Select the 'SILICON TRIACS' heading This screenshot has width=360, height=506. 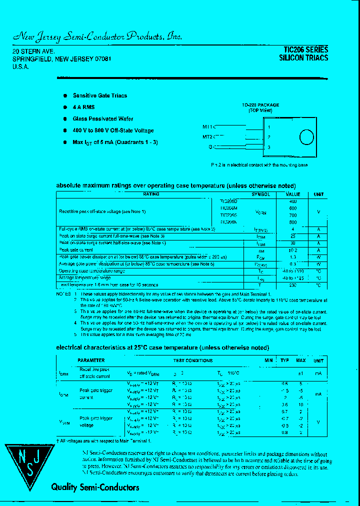click(x=303, y=58)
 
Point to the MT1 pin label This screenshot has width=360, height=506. click(x=208, y=127)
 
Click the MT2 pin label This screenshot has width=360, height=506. click(x=208, y=136)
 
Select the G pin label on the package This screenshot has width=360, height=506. click(x=210, y=146)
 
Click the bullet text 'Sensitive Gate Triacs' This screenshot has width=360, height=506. click(x=100, y=95)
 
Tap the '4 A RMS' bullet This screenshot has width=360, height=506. click(x=83, y=107)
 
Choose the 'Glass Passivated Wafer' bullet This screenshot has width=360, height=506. click(x=103, y=118)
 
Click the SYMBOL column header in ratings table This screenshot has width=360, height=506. click(x=260, y=194)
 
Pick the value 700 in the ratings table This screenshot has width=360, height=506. click(x=293, y=215)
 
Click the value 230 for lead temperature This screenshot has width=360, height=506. click(x=293, y=285)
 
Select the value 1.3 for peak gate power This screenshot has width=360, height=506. click(x=293, y=256)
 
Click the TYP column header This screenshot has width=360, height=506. click(x=284, y=360)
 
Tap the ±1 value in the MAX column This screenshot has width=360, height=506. click(x=301, y=373)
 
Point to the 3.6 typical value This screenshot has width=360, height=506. click(x=284, y=404)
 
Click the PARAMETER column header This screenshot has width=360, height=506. click(x=91, y=360)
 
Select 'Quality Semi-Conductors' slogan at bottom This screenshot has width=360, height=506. click(x=95, y=487)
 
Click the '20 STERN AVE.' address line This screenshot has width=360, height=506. click(x=33, y=51)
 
